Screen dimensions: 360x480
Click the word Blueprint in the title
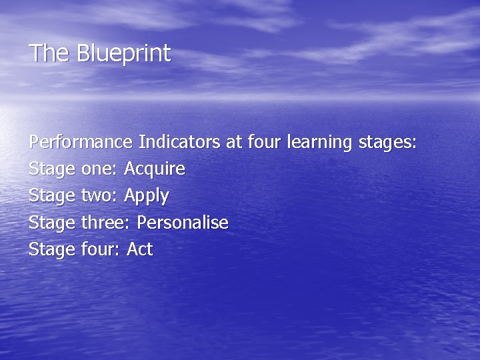coord(124,53)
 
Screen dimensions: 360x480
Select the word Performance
coord(81,142)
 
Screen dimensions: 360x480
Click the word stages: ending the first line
coord(387,143)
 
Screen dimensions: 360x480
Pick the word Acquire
coord(155,169)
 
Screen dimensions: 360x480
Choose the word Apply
coord(147,197)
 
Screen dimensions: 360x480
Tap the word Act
coord(140,249)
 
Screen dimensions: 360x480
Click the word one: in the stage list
coord(100,169)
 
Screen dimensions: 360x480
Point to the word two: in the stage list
coord(100,196)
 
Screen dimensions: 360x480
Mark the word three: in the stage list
coord(105,223)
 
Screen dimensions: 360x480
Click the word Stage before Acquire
coord(52,170)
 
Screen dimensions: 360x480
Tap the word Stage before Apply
coord(52,197)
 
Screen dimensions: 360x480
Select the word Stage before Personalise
coord(52,223)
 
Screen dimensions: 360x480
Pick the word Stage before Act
coord(52,250)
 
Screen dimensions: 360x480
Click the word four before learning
coord(265,142)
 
